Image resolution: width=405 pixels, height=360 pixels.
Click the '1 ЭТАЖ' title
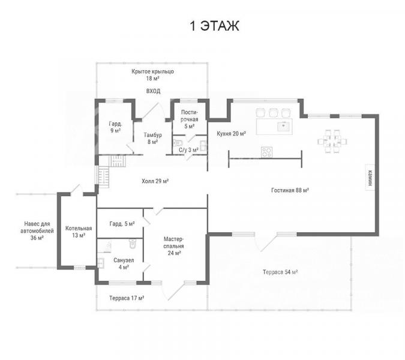(x=214, y=26)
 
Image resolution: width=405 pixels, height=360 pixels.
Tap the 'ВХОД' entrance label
(x=153, y=91)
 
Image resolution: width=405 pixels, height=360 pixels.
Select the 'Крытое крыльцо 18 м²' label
(x=152, y=75)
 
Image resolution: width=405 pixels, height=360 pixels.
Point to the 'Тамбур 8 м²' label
(x=152, y=138)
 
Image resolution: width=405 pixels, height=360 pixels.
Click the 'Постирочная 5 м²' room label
(x=190, y=119)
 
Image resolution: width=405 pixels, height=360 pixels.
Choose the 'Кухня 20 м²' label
(x=231, y=134)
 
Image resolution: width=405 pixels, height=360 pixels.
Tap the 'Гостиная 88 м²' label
(x=290, y=190)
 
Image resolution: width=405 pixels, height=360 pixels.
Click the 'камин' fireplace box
(x=370, y=178)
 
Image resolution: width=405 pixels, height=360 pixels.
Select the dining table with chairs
(x=332, y=141)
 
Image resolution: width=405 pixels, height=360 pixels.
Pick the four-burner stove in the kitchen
(x=266, y=152)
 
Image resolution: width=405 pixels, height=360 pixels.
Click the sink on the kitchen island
(x=284, y=126)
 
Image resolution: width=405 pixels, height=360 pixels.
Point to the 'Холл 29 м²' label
(x=155, y=181)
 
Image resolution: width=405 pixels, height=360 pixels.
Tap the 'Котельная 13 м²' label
(x=79, y=232)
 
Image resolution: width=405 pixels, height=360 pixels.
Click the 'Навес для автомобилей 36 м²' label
(x=37, y=230)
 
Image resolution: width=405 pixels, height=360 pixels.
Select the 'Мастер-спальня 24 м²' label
(x=174, y=246)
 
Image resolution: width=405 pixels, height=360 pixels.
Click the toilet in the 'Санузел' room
(x=132, y=244)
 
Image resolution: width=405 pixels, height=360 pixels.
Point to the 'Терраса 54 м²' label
(x=280, y=272)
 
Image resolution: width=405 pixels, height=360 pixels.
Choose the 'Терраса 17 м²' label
(x=127, y=298)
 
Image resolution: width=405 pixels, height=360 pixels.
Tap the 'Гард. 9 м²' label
(x=115, y=127)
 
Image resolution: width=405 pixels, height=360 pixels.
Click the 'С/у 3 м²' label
(x=188, y=150)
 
